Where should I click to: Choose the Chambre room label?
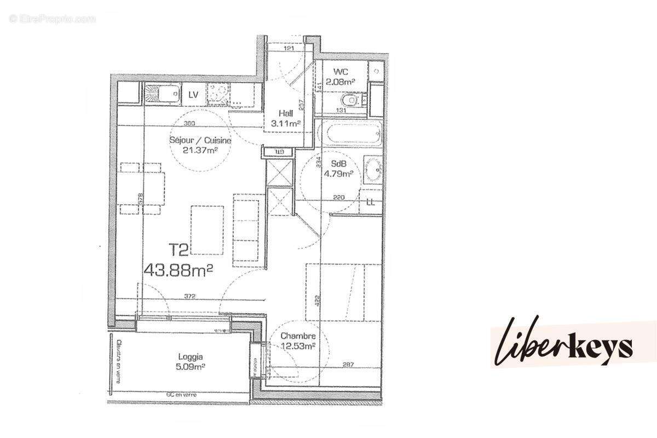[x=297, y=336]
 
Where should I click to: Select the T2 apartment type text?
[x=178, y=250]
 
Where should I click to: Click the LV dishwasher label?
[x=193, y=95]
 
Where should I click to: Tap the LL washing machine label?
[x=371, y=201]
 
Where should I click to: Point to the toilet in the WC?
[x=350, y=101]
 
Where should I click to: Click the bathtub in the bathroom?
[x=350, y=134]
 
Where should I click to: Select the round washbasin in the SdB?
[x=374, y=170]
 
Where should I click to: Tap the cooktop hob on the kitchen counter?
[x=219, y=94]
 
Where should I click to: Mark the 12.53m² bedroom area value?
[x=297, y=346]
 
